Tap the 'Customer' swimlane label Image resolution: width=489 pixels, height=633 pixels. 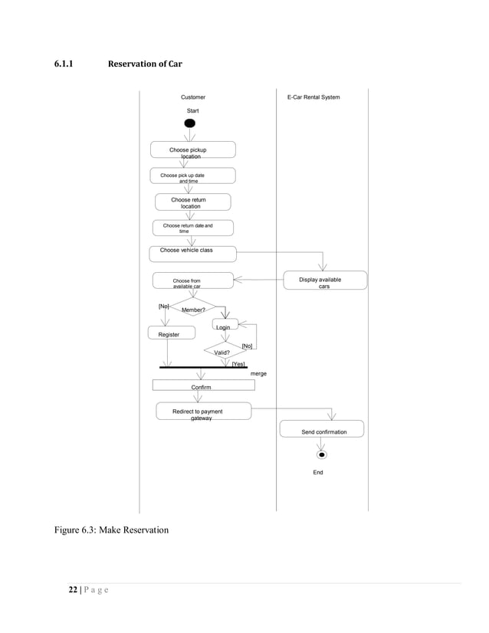pyautogui.click(x=192, y=97)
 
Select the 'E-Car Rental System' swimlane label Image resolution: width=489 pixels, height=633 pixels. pyautogui.click(x=313, y=97)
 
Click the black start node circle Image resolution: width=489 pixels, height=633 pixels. pyautogui.click(x=190, y=123)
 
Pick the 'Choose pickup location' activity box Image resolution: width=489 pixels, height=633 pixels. pyautogui.click(x=192, y=150)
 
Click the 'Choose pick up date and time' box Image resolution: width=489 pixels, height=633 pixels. pyautogui.click(x=192, y=176)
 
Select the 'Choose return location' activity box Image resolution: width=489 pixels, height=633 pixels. pyautogui.click(x=192, y=202)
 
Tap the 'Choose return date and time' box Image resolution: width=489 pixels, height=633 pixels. pyautogui.click(x=192, y=228)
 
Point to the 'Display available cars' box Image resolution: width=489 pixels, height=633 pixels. pyautogui.click(x=325, y=280)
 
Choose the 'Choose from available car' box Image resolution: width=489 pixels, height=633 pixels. pyautogui.click(x=192, y=282)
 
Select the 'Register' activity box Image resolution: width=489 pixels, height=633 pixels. pyautogui.click(x=171, y=333)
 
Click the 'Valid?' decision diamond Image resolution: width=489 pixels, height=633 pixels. pyautogui.click(x=222, y=351)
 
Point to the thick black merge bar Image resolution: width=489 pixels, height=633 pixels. pyautogui.click(x=203, y=368)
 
